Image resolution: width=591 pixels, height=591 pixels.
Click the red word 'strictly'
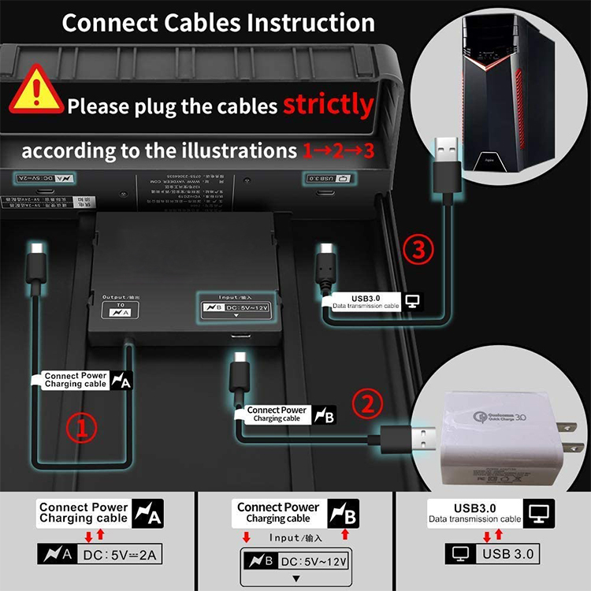328,105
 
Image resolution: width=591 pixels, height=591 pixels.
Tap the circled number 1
81,428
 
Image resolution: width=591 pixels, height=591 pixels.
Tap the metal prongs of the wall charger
565,435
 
